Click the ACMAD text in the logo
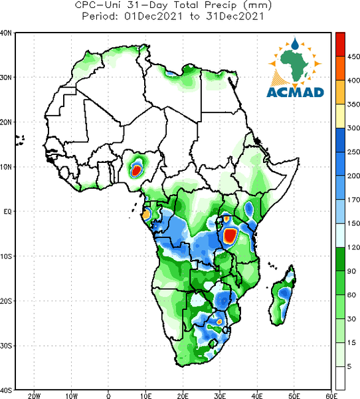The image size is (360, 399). click(x=296, y=92)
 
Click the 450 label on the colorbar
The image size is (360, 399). click(x=353, y=57)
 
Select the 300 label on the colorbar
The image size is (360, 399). click(x=353, y=128)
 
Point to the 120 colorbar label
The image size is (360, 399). click(x=353, y=247)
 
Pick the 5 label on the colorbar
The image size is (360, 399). click(x=349, y=366)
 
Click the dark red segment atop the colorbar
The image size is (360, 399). click(x=340, y=45)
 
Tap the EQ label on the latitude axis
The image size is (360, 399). click(x=7, y=211)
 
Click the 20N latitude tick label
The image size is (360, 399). click(x=6, y=122)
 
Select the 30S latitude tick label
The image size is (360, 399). click(x=6, y=346)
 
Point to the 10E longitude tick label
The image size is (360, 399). click(x=145, y=396)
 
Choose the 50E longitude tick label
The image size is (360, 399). click(x=294, y=396)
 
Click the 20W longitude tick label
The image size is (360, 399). click(x=34, y=396)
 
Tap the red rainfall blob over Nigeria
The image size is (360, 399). click(x=137, y=170)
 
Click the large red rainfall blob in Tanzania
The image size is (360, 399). click(x=230, y=235)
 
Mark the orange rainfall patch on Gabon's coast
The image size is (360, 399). click(x=146, y=214)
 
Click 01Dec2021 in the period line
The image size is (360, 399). click(x=153, y=17)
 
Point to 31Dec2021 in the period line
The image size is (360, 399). click(x=235, y=17)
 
